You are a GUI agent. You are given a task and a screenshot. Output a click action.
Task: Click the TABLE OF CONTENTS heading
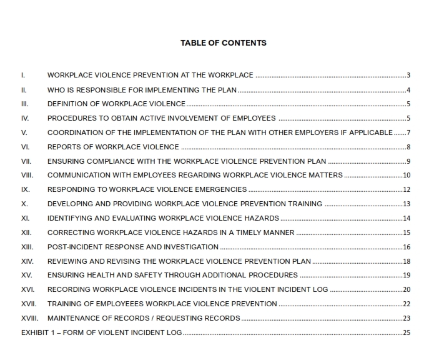pyautogui.click(x=223, y=43)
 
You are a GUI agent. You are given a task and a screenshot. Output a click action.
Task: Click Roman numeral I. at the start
pyautogui.click(x=23, y=76)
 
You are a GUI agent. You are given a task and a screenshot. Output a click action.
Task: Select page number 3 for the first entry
pyautogui.click(x=408, y=76)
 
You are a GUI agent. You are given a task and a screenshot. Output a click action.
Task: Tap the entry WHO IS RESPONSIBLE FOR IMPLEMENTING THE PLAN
pyautogui.click(x=142, y=90)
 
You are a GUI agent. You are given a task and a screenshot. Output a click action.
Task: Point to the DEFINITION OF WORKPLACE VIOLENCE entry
pyautogui.click(x=116, y=104)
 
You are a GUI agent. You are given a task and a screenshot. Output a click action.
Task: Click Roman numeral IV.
pyautogui.click(x=25, y=118)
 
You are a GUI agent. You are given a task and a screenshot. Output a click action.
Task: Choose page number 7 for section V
pyautogui.click(x=408, y=132)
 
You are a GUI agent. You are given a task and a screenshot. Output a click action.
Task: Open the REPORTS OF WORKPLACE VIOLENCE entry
pyautogui.click(x=113, y=147)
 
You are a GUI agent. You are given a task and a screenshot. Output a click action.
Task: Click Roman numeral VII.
pyautogui.click(x=26, y=161)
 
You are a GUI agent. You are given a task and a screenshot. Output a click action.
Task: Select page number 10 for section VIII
pyautogui.click(x=407, y=176)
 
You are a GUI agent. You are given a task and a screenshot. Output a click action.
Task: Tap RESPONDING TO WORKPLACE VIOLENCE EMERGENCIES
pyautogui.click(x=147, y=189)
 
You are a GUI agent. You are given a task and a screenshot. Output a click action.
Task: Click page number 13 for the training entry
pyautogui.click(x=407, y=204)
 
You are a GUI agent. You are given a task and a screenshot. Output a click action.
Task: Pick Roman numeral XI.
pyautogui.click(x=26, y=218)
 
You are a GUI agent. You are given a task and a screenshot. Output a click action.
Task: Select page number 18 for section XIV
pyautogui.click(x=407, y=261)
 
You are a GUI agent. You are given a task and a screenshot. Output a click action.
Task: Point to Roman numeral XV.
pyautogui.click(x=26, y=275)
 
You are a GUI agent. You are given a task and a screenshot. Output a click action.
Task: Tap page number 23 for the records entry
pyautogui.click(x=407, y=318)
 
